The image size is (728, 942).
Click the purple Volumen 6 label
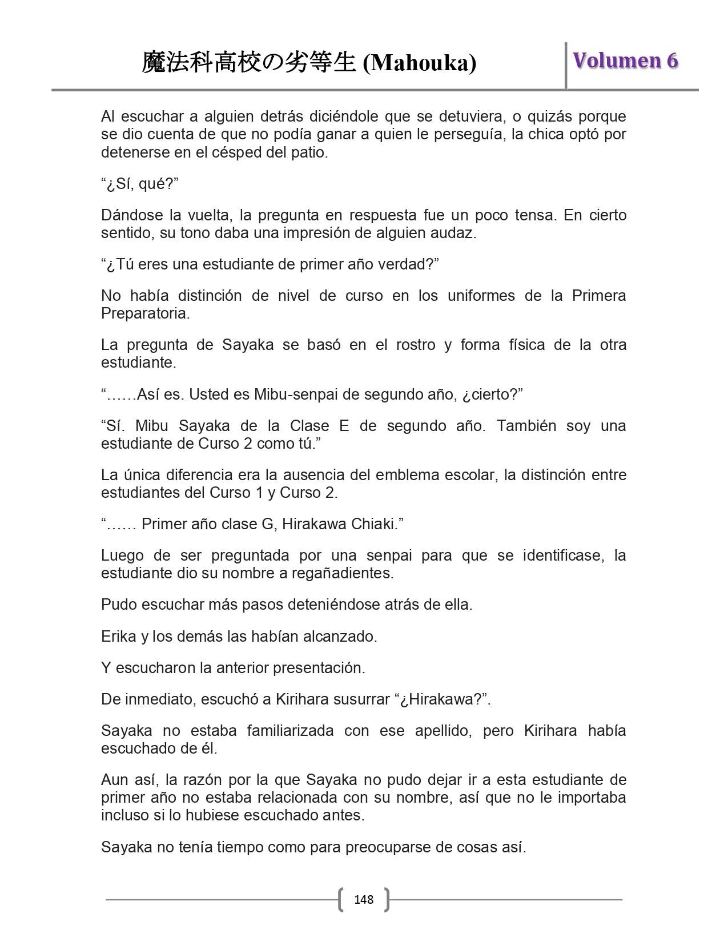click(x=625, y=61)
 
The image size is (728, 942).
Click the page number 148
click(x=364, y=900)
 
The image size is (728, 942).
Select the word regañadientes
click(x=342, y=573)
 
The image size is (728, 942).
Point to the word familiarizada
click(x=290, y=731)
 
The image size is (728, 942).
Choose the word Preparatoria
click(x=145, y=313)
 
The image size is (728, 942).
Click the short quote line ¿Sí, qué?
click(x=140, y=184)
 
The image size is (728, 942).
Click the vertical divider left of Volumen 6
click(x=566, y=66)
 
